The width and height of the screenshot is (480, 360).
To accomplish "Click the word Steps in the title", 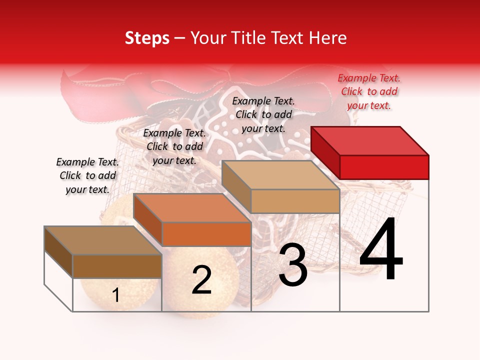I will [147, 38].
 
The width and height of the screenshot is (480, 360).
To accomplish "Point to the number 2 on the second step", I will [201, 279].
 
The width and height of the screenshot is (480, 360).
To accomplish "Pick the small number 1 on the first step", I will [116, 295].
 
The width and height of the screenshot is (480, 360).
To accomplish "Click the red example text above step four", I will [369, 91].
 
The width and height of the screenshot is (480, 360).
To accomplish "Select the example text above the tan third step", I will [263, 114].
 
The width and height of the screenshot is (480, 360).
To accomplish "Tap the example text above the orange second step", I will [174, 146].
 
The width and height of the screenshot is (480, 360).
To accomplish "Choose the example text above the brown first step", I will [87, 175].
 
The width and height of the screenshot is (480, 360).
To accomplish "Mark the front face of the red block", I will [384, 167].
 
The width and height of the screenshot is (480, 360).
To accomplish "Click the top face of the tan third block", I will [280, 175].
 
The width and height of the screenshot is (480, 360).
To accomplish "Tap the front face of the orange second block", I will [206, 234].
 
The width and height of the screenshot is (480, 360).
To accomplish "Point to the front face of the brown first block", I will [117, 266].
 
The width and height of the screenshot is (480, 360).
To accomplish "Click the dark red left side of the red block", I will [325, 152].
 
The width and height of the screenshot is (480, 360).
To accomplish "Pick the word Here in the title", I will [328, 38].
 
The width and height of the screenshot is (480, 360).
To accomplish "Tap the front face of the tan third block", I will [295, 201].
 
